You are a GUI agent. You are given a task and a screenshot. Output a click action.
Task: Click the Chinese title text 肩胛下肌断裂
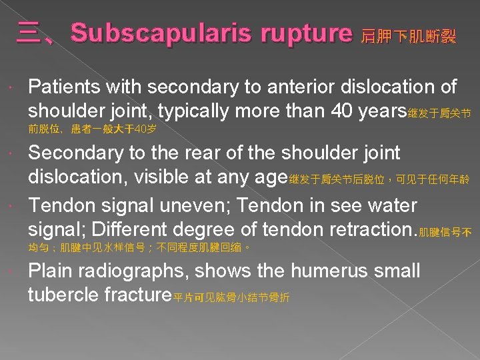[x=408, y=37]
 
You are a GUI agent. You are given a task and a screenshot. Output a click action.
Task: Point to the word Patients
[x=61, y=87]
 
